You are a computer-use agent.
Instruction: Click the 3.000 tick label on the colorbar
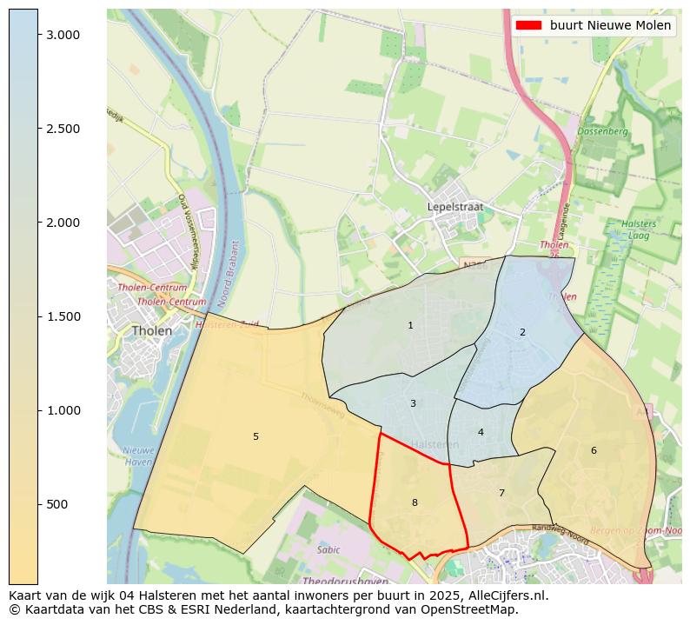(x=63, y=35)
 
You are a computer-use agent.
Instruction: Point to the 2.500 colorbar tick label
(x=63, y=129)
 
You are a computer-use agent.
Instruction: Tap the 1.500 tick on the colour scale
(x=63, y=316)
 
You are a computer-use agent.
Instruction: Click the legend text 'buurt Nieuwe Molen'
(x=610, y=25)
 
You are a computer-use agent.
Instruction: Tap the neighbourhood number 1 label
(x=410, y=325)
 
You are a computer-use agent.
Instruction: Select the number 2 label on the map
(x=522, y=332)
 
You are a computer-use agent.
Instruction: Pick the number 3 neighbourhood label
(x=413, y=403)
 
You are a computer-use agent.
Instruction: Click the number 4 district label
(x=481, y=432)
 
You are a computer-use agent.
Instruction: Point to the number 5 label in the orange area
(x=255, y=436)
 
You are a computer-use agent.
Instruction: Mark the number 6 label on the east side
(x=594, y=450)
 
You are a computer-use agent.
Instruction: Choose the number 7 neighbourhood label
(x=501, y=493)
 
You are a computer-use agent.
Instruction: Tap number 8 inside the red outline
(x=415, y=502)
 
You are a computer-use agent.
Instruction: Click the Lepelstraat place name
(x=454, y=207)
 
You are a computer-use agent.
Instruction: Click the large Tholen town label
(x=151, y=331)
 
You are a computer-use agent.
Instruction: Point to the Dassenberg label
(x=602, y=131)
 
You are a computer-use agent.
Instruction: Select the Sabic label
(x=328, y=549)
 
